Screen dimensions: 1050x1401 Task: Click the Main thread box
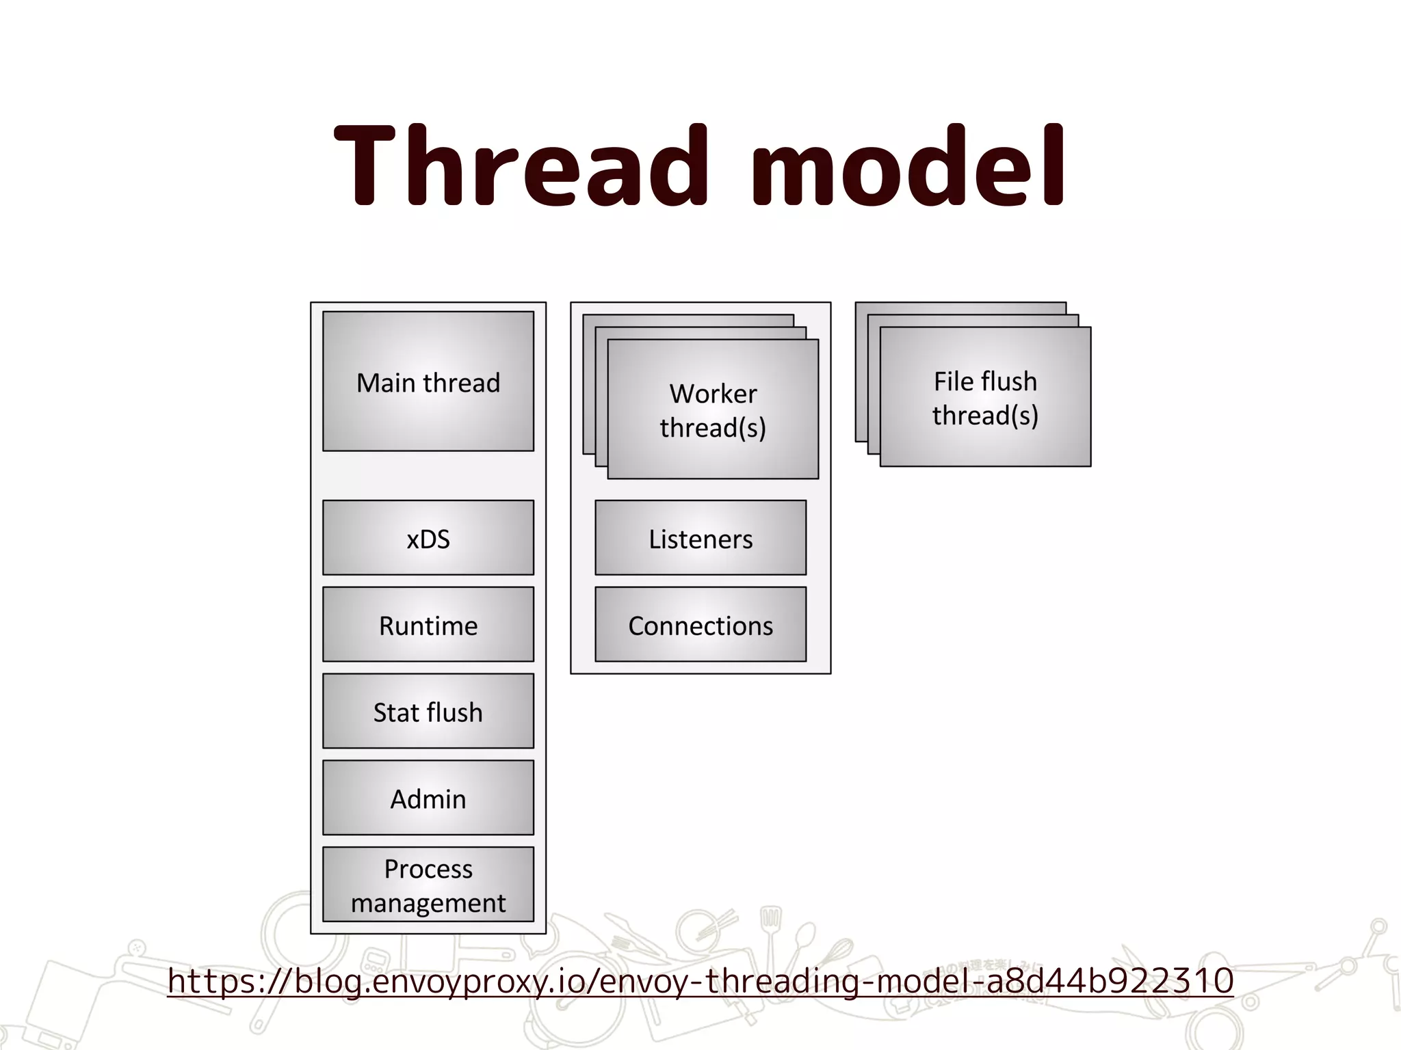point(428,381)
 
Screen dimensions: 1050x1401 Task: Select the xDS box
point(428,538)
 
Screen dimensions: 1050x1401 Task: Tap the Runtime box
point(428,625)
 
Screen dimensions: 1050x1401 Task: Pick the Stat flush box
point(428,712)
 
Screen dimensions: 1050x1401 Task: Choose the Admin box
point(428,798)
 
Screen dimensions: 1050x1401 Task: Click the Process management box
point(428,885)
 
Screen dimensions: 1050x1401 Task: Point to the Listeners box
point(700,538)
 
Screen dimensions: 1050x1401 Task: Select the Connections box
point(700,625)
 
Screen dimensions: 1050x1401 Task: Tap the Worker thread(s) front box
point(713,409)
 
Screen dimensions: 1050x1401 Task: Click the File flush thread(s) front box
point(985,397)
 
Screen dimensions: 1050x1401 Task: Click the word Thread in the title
point(520,165)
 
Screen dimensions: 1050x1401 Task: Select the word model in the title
point(908,165)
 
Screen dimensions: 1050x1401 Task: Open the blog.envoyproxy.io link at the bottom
point(700,981)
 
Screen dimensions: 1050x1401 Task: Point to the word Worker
point(713,394)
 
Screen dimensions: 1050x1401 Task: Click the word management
point(428,903)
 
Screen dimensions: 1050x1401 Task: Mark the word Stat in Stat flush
point(396,712)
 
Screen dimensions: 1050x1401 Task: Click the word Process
point(428,869)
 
